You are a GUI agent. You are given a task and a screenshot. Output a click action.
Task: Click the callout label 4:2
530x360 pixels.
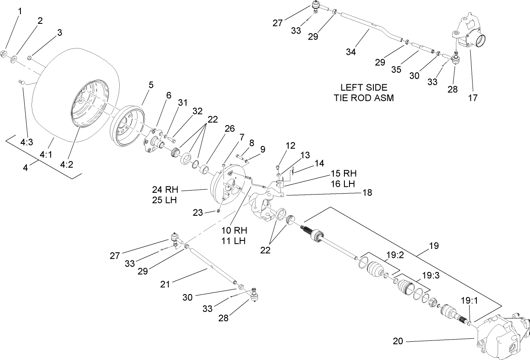(66, 164)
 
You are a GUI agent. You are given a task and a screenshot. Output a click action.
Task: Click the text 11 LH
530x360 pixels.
(234, 241)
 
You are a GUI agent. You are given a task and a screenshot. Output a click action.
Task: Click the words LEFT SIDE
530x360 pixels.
(364, 87)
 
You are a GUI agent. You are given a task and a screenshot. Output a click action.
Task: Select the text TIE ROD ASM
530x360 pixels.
(364, 97)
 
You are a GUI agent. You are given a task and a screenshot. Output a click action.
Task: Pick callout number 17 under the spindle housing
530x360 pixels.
(472, 97)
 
